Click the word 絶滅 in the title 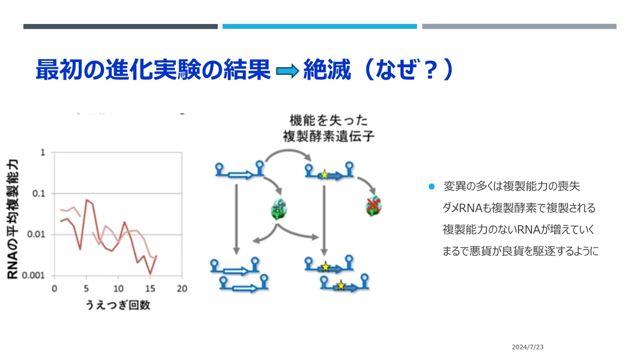point(327,69)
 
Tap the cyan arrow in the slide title point(287,71)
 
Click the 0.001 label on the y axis point(34,275)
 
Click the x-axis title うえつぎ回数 point(118,305)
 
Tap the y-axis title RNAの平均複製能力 point(13,219)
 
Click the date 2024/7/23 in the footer point(527,347)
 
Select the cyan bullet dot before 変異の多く point(431,187)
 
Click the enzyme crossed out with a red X point(373,206)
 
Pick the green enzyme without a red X point(278,209)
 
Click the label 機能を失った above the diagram point(329,121)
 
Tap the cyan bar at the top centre point(319,26)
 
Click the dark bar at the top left point(121,26)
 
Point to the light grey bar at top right point(519,26)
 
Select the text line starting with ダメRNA point(519,208)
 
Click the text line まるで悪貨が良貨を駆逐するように point(521,251)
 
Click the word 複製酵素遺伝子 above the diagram point(329,137)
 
